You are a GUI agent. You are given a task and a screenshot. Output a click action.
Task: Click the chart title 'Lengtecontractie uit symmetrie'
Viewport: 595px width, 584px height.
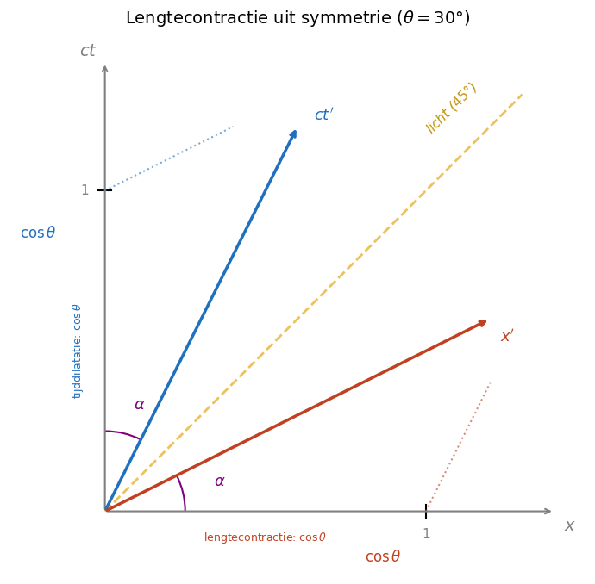point(297,18)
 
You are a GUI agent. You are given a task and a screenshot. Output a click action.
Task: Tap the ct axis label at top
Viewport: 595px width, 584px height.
point(88,51)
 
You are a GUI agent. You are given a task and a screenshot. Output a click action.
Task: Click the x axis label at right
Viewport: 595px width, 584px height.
point(569,525)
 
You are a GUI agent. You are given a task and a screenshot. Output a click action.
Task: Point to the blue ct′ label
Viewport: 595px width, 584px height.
point(323,115)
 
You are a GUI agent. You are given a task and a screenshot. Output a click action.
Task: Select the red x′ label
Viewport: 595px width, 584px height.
point(507,336)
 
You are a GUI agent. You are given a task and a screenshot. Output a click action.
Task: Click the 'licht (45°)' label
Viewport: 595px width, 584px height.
point(451,108)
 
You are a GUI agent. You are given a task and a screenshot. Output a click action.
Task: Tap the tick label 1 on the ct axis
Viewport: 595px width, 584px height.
point(85,190)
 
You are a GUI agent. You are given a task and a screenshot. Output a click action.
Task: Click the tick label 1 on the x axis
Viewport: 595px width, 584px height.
point(426,534)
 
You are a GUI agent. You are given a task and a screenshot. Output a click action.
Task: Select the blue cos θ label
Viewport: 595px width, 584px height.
point(38,233)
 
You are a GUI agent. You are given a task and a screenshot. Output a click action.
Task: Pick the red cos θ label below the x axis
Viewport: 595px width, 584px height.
point(383,556)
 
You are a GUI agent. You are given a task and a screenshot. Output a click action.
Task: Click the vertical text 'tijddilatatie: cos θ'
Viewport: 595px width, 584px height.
point(77,351)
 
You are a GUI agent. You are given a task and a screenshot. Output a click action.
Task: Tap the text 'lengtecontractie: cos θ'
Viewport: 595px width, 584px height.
point(265,537)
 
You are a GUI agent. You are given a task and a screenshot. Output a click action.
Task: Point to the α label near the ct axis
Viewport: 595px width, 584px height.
point(140,405)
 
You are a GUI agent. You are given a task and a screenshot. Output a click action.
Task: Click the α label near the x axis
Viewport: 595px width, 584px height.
point(220,481)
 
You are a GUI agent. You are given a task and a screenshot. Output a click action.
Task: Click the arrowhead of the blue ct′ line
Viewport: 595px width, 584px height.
point(294,134)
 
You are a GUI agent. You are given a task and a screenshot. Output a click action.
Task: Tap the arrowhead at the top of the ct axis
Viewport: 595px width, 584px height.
point(105,68)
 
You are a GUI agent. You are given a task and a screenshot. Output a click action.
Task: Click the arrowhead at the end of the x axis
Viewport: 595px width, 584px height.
point(547,511)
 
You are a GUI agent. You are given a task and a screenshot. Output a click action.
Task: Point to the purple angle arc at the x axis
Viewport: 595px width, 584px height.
point(182,492)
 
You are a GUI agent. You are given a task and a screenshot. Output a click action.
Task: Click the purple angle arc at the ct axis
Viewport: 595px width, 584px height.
point(122,433)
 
